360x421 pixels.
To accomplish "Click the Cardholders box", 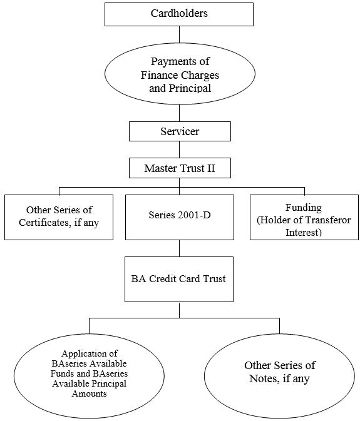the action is point(179,14).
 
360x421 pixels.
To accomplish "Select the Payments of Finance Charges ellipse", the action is point(180,74).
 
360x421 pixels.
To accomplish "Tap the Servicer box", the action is point(180,131).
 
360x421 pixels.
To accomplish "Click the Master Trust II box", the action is point(180,168).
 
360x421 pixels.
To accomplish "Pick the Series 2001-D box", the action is point(180,217).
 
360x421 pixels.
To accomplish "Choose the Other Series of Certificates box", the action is point(59,217).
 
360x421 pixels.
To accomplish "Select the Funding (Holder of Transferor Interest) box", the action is point(304,217).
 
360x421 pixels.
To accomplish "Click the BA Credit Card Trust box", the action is point(179,279).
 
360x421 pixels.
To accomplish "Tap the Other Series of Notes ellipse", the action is point(279,376).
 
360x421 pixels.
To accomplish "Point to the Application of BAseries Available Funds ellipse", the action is point(89,376).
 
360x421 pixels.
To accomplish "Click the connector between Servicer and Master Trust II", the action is point(180,150).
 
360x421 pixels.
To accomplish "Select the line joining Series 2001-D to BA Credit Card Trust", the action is point(180,248).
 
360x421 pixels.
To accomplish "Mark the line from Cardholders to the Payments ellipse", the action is point(180,34).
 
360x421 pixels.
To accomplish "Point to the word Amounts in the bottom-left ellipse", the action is point(89,393).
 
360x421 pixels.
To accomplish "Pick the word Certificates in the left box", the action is point(44,223).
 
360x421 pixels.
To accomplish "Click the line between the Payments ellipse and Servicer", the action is point(180,113).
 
